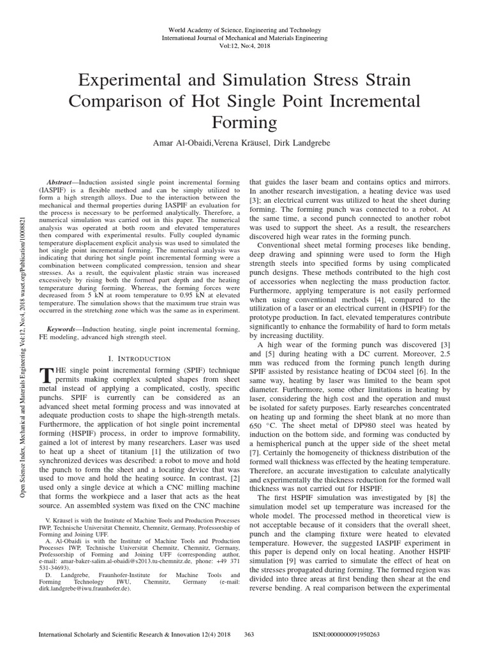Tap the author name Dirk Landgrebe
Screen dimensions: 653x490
click(303, 143)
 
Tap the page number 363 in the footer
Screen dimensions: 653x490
click(249, 635)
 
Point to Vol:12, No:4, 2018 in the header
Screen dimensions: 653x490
click(245, 47)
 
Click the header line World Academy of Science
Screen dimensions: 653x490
click(245, 30)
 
